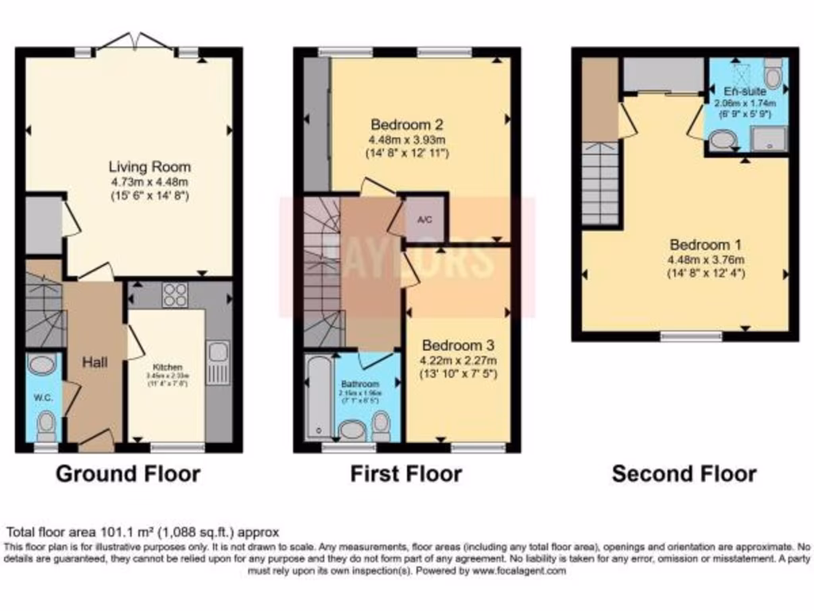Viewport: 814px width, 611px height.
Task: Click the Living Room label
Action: [149, 167]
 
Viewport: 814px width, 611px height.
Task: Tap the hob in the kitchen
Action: [173, 295]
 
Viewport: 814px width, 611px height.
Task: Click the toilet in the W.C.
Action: [47, 422]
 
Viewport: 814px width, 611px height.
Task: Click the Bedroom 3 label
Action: [459, 345]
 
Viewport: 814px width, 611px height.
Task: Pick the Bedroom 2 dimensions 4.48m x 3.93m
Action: [407, 140]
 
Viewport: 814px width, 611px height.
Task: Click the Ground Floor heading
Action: [127, 474]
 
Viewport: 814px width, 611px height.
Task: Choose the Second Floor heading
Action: [684, 474]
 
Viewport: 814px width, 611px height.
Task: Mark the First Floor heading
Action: [405, 474]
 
